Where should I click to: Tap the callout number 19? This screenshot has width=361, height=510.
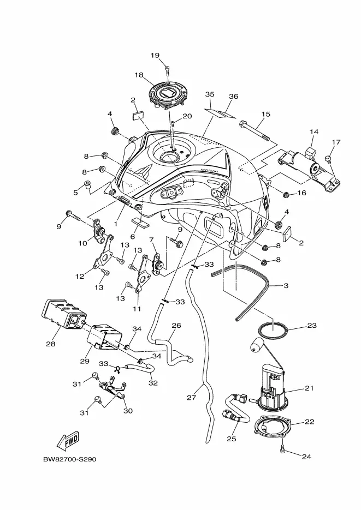[155, 55]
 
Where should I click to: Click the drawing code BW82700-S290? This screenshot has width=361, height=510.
[70, 460]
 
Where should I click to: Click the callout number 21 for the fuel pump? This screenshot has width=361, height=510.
[309, 388]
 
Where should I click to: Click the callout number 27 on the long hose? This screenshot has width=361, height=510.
[191, 397]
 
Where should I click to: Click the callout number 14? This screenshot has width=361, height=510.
[314, 132]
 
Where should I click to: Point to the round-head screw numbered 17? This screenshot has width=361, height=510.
[328, 158]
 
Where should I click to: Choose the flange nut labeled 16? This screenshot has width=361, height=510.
[286, 195]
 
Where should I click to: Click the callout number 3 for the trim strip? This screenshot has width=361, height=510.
[286, 286]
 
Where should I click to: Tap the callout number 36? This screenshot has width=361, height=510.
[233, 97]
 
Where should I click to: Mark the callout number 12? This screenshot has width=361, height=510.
[79, 277]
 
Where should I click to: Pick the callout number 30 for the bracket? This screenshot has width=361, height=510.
[128, 411]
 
